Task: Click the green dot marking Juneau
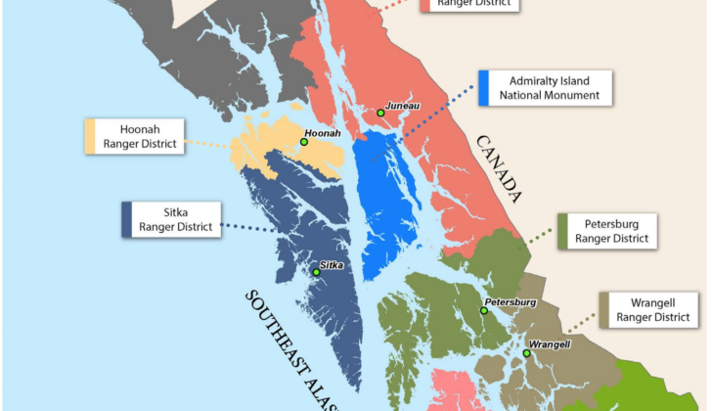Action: [x=380, y=113]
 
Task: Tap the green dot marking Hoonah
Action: [x=304, y=142]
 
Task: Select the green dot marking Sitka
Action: [x=316, y=272]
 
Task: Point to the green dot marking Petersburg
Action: [x=483, y=311]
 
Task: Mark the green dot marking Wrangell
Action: [x=526, y=353]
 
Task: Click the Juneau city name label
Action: [x=403, y=104]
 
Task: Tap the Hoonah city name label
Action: [x=324, y=133]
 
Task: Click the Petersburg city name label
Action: [x=510, y=302]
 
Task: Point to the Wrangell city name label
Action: [x=550, y=344]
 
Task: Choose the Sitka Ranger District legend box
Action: [x=171, y=219]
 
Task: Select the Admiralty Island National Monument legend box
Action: [x=546, y=87]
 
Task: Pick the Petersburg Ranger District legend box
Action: [x=606, y=230]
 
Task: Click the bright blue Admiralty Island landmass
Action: [x=386, y=205]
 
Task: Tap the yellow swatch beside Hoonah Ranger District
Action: [x=90, y=137]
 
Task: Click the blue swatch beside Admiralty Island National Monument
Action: [x=484, y=87]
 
